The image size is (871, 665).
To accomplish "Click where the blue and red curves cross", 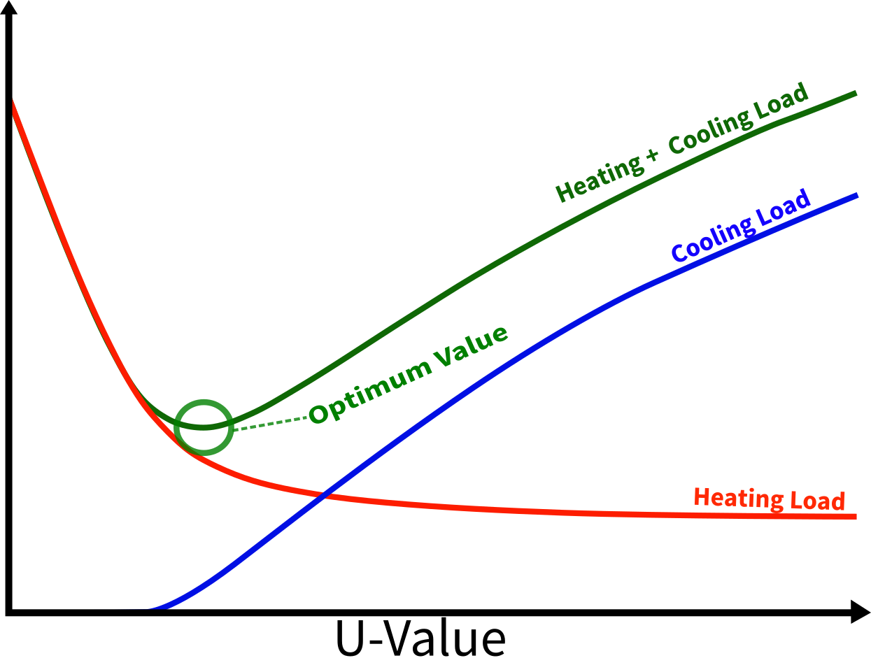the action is [324, 494].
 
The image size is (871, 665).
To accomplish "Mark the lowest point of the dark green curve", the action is [203, 427].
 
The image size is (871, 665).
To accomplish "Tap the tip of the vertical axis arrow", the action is [8, 1].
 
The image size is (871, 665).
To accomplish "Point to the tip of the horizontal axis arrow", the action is [870, 613].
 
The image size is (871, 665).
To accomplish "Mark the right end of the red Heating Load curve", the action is [856, 516].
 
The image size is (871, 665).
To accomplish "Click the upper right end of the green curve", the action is [856, 94].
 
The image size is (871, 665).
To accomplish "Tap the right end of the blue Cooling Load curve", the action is [858, 195].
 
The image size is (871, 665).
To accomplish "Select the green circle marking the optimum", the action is [204, 427].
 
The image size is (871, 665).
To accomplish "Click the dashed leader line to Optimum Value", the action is [270, 424].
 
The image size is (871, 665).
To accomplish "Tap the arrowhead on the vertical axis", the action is [8, 8].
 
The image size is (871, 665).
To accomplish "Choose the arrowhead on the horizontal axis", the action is [861, 613].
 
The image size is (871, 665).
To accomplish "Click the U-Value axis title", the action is [420, 638].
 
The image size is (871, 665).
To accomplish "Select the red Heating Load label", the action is [769, 499].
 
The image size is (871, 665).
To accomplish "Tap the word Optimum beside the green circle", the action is [370, 392].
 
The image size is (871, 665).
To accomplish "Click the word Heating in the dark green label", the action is [600, 178].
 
